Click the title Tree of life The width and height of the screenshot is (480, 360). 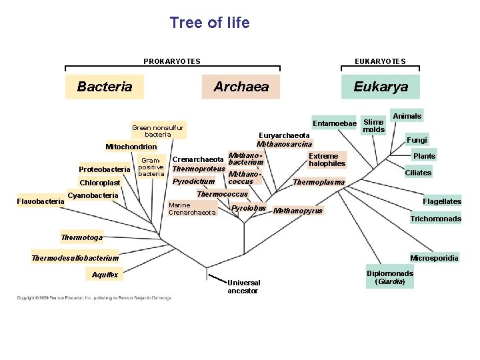pos(209,23)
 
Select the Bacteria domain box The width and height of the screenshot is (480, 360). pos(105,87)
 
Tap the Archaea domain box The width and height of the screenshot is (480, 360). pos(241,87)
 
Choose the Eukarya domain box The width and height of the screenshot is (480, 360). pos(381,87)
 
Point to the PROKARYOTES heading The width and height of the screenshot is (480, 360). pos(172,61)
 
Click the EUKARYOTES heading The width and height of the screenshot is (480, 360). pos(381,61)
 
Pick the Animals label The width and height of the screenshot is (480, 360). pos(407,116)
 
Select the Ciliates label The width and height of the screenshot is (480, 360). pos(418,173)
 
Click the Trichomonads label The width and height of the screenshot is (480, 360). pos(435,219)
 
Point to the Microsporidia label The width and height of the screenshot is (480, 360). pos(434,258)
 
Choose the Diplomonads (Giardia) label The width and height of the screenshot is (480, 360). pos(390,277)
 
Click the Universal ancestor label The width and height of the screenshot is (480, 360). pos(243,286)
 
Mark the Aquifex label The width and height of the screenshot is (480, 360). pos(105,275)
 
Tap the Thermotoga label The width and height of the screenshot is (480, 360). pos(82,237)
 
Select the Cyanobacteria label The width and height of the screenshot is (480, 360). pos(93,195)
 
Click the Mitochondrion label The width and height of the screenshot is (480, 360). pos(131,147)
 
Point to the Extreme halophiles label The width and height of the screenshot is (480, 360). pos(327,160)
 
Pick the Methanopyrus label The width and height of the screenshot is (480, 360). pos(298,211)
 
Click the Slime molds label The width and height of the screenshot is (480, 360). pos(374,125)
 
